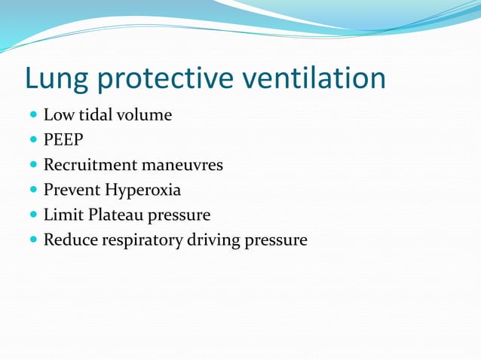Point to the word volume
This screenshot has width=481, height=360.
tap(145, 115)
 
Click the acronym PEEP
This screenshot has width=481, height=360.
tap(63, 141)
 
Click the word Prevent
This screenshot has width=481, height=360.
tap(72, 190)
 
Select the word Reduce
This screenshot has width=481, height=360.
tap(67, 240)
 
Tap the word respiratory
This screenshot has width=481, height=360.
tap(138, 241)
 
